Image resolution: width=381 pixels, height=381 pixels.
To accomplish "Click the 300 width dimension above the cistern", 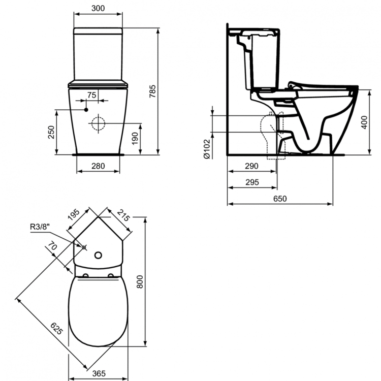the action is point(98,8).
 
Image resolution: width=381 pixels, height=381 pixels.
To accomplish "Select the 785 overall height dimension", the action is point(152,91).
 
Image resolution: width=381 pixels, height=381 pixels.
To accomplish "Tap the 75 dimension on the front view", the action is point(92,95).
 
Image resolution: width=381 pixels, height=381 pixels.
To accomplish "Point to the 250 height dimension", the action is point(51,132).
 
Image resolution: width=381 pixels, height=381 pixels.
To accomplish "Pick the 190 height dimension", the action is point(135,138).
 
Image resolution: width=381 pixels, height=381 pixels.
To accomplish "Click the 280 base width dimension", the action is point(98,166).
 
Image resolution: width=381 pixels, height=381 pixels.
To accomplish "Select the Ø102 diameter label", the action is point(207,149).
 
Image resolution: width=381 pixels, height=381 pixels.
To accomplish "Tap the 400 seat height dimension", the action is point(364,122).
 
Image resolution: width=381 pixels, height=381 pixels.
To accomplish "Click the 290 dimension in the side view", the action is point(251,166).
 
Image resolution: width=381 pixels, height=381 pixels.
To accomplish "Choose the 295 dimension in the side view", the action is point(252,182).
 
